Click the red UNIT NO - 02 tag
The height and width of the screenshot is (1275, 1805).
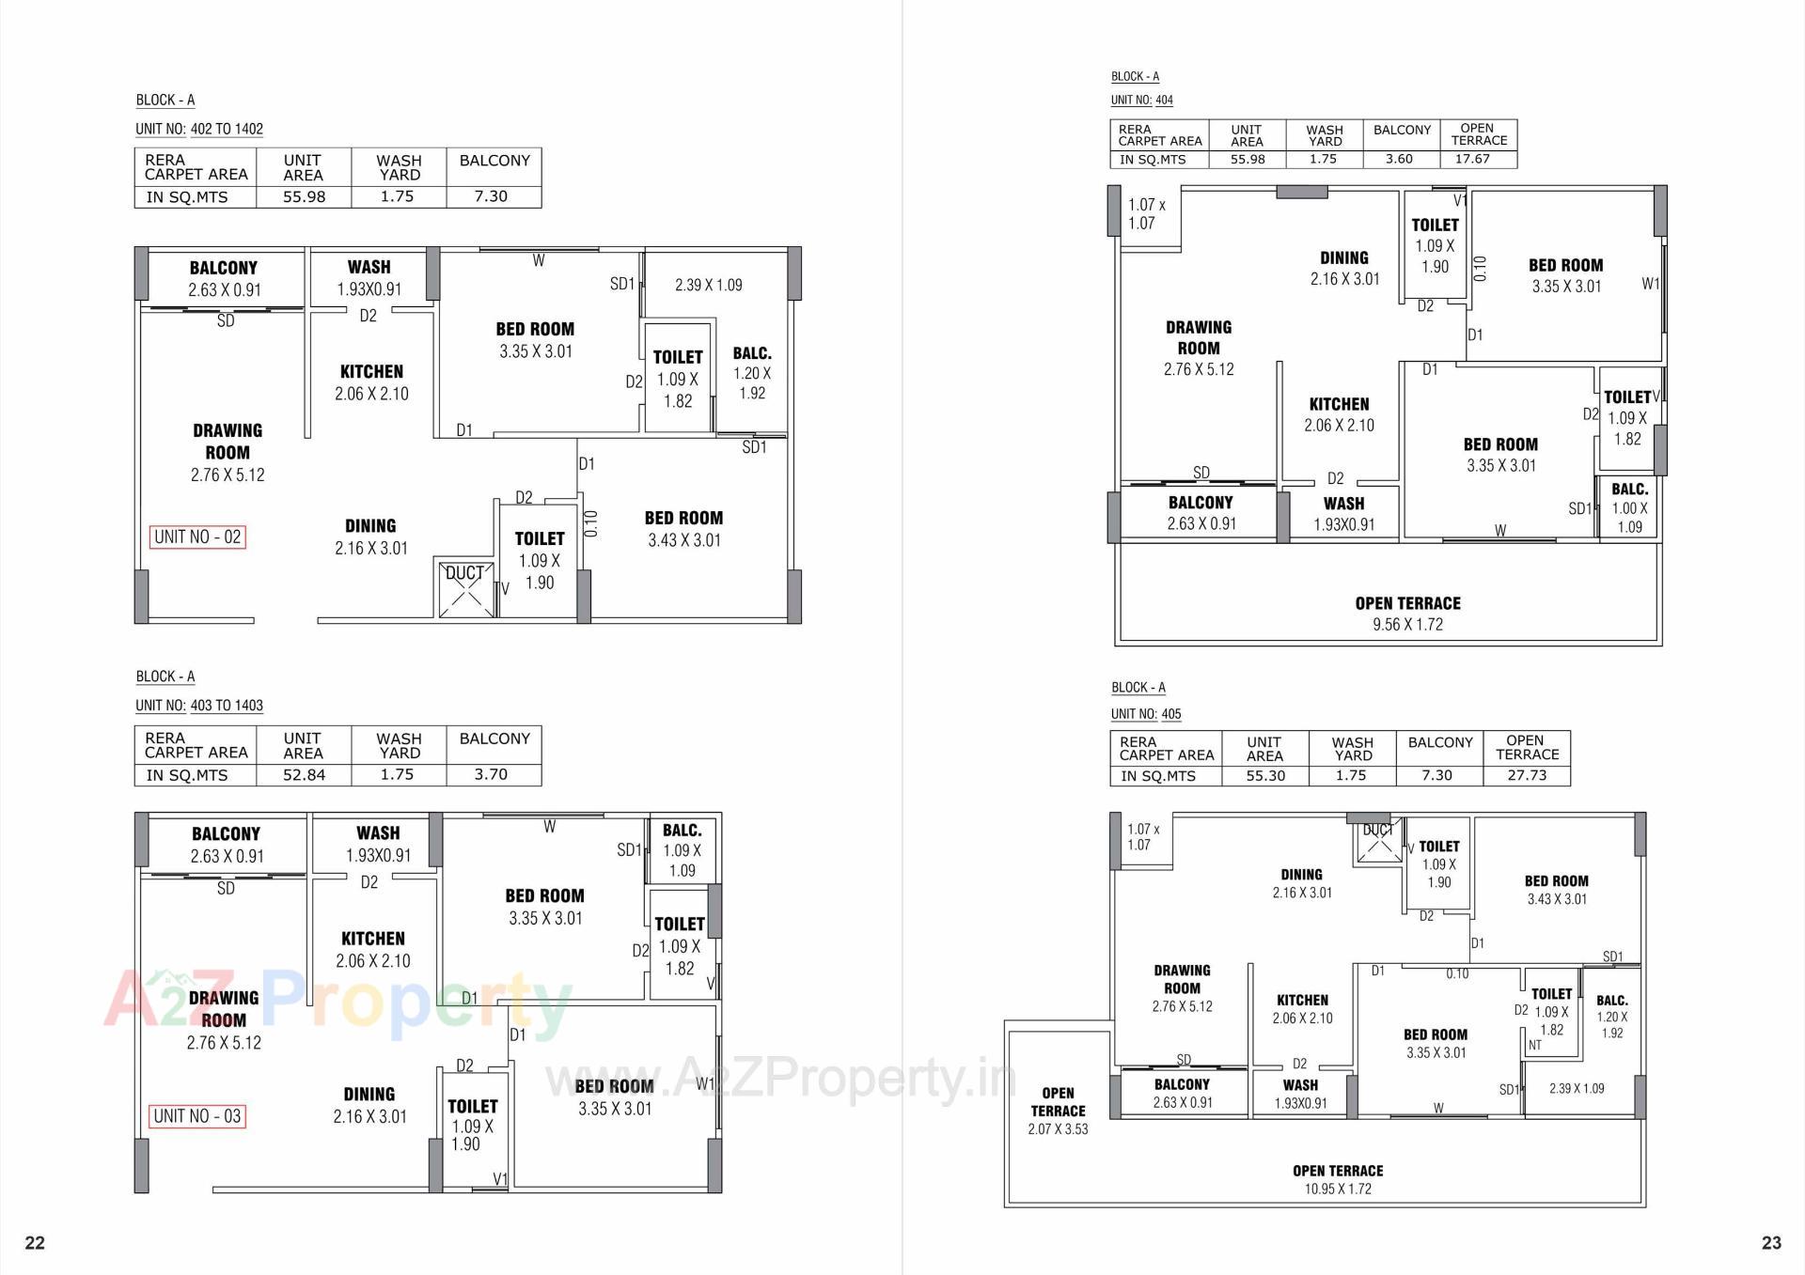coord(197,537)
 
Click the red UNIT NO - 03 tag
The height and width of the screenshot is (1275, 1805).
coord(197,1116)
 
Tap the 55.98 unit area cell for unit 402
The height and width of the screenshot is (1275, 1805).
coord(304,196)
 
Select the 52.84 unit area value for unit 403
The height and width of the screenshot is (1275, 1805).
coord(304,774)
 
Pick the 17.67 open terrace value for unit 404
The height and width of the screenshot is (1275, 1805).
coord(1472,159)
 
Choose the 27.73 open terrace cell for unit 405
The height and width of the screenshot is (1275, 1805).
coord(1526,775)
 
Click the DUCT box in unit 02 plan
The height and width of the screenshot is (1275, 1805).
coord(465,588)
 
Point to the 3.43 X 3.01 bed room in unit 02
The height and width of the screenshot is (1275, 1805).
coord(683,529)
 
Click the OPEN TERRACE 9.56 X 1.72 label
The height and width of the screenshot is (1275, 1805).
coord(1407,614)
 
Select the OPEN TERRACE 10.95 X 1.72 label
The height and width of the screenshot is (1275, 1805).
coord(1337,1179)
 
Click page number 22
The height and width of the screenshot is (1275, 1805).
coord(35,1243)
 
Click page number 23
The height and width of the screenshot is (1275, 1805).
coord(1771,1243)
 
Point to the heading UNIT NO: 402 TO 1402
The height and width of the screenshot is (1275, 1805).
coord(199,129)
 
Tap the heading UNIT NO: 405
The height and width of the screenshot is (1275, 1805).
coord(1146,714)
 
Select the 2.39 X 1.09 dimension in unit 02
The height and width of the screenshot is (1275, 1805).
coord(708,285)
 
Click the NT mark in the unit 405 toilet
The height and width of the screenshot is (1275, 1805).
coord(1535,1045)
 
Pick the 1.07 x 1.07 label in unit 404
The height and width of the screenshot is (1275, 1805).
coord(1146,214)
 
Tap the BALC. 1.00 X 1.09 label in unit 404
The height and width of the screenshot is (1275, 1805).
coord(1629,507)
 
